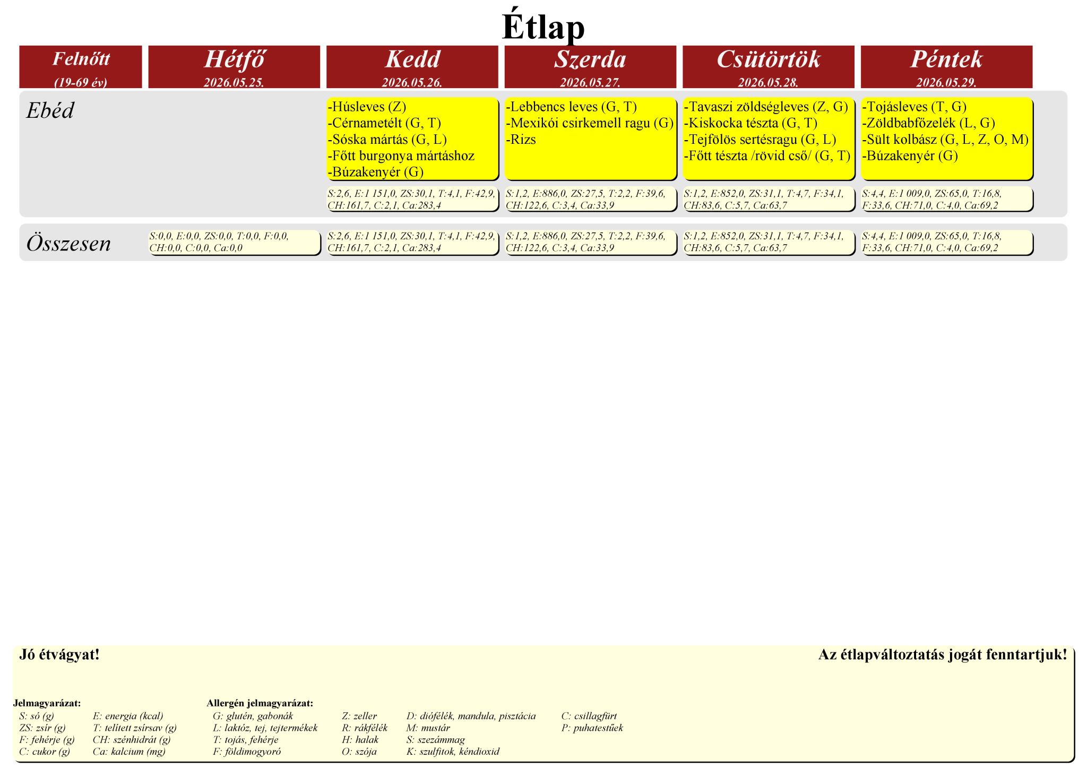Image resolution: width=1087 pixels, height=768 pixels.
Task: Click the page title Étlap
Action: point(543,27)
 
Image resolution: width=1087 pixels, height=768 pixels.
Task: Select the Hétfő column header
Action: point(234,59)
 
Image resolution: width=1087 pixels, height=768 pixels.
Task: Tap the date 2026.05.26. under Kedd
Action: point(412,82)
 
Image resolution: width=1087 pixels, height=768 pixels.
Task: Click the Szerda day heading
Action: point(590,59)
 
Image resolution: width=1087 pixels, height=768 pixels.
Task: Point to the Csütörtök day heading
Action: point(769,59)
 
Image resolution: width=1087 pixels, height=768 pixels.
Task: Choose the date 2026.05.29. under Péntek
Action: point(946,82)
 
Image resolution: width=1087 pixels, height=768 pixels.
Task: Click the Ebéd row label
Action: point(50,110)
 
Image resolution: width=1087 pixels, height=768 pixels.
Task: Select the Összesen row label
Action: point(68,243)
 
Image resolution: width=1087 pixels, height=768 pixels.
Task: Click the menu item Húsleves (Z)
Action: point(367,107)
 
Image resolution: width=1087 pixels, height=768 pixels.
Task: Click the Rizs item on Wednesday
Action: point(521,140)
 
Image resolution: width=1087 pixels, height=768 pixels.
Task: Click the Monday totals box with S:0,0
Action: point(235,243)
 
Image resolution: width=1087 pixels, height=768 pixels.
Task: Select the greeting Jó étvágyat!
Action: point(59,654)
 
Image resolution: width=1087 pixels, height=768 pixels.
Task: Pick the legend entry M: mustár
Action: point(428,728)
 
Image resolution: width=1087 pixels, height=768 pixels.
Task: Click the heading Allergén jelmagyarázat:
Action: point(260,703)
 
